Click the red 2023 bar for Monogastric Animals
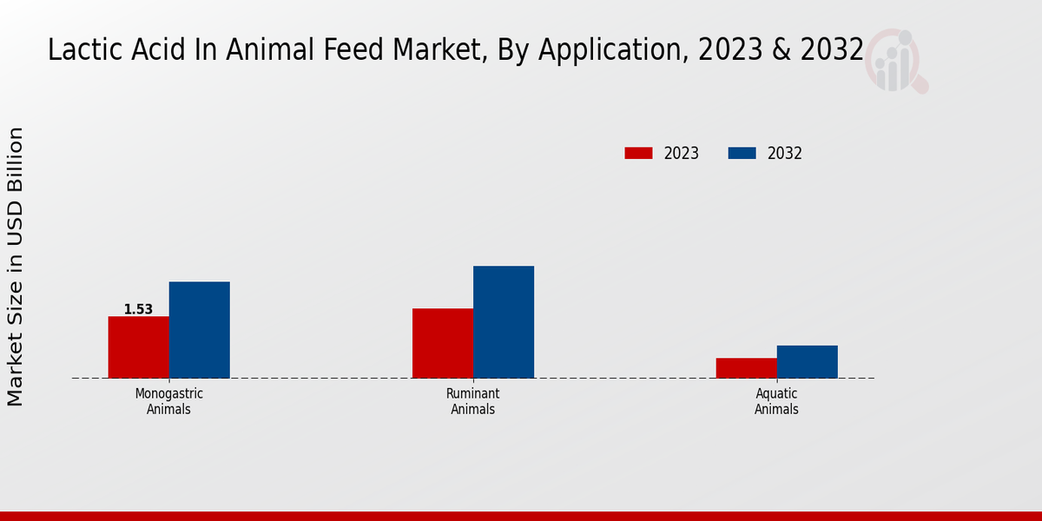tap(138, 347)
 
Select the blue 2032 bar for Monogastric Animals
tap(199, 330)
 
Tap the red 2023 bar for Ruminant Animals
tap(442, 343)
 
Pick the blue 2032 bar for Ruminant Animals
tap(503, 322)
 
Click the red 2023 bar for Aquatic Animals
tap(746, 368)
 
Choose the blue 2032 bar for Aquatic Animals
tap(807, 362)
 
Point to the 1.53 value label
tap(138, 309)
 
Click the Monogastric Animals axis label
tap(168, 401)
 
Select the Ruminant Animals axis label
tap(472, 401)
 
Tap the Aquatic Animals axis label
tap(776, 401)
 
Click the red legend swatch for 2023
tap(638, 154)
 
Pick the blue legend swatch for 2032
tap(742, 154)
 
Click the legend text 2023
tap(682, 154)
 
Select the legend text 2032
tap(785, 154)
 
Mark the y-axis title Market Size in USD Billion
tap(16, 267)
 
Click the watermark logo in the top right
tap(894, 61)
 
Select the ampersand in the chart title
tap(781, 50)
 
